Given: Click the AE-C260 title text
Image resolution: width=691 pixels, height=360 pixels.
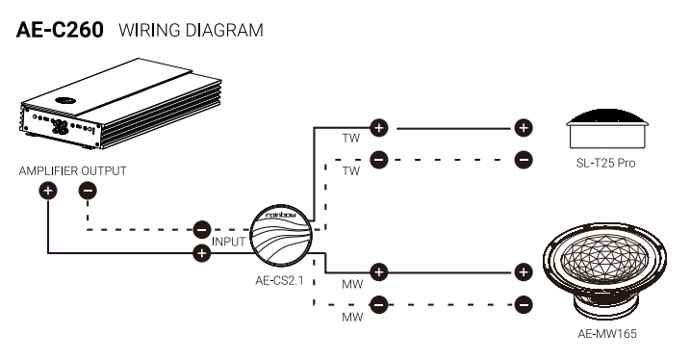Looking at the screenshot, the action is (x=60, y=30).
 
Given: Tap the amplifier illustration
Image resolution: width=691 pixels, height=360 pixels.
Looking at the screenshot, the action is (x=120, y=104).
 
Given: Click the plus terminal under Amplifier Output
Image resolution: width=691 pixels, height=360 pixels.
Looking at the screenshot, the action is (x=48, y=191).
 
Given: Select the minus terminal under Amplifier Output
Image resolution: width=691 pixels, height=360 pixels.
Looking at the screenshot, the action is (x=88, y=191).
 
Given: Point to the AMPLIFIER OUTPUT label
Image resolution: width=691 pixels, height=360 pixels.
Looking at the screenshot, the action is (x=73, y=171).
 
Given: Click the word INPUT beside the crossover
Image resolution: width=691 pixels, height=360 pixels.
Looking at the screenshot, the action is (x=228, y=242).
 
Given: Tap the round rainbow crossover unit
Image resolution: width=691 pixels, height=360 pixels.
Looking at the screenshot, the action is (x=281, y=236).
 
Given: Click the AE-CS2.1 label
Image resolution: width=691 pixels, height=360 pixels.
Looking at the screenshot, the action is (x=279, y=280).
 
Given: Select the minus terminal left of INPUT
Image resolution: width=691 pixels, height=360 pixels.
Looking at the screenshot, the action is (x=202, y=229).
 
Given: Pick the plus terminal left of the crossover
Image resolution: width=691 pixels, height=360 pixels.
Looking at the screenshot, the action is (x=202, y=253).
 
